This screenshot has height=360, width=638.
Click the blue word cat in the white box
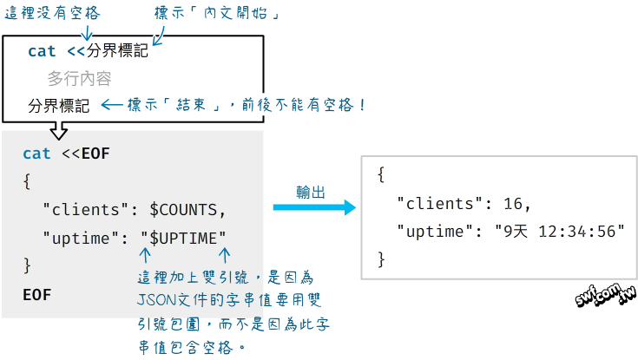[42, 51]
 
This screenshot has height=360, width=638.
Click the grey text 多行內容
[79, 79]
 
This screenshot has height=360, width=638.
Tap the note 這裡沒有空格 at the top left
[51, 13]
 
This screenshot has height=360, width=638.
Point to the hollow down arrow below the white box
[59, 130]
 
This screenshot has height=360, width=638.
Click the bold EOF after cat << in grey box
[95, 154]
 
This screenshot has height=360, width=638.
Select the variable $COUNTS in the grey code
[187, 209]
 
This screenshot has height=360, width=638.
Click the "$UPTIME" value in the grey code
[184, 237]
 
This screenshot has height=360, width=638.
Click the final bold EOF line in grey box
[37, 294]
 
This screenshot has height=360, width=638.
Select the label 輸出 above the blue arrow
[310, 193]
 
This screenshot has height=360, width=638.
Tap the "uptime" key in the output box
[433, 231]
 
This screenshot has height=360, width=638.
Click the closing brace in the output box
[382, 259]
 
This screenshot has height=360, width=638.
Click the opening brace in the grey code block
[28, 181]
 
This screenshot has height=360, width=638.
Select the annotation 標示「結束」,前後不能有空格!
[247, 105]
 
